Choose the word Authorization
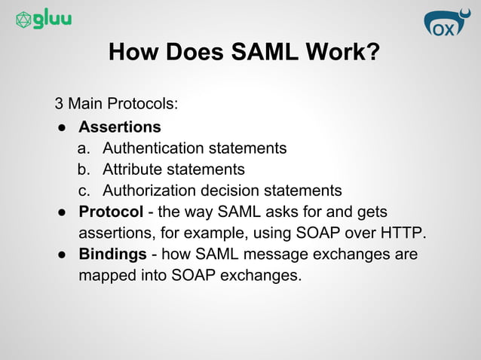point(148,190)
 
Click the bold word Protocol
point(111,211)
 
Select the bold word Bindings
point(112,254)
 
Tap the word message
point(286,254)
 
